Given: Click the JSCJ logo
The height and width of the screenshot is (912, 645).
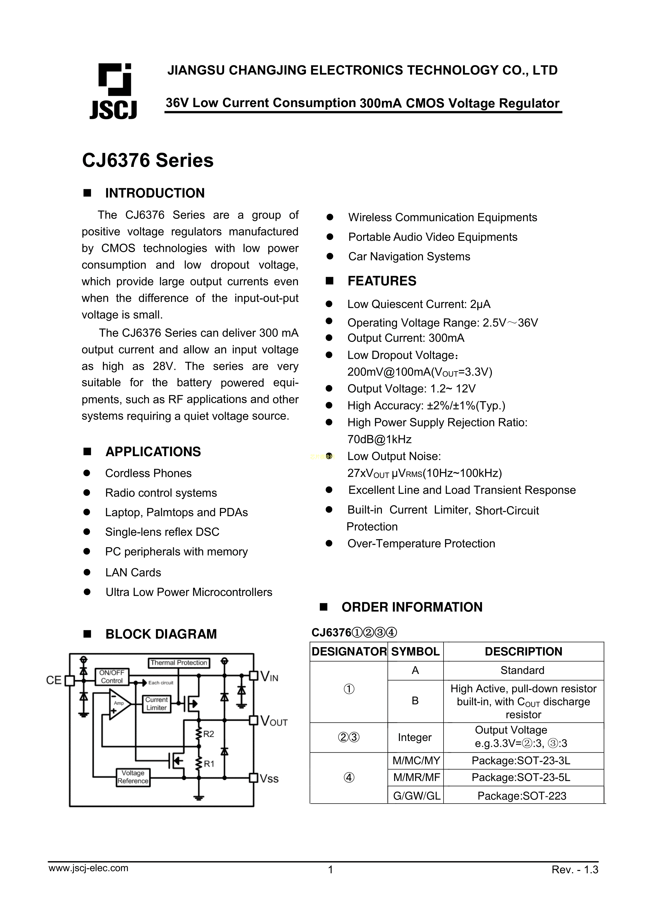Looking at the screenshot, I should pyautogui.click(x=114, y=92).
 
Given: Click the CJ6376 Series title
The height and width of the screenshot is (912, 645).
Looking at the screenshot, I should pyautogui.click(x=147, y=160).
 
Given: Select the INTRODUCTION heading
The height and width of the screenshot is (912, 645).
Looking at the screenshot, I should pyautogui.click(x=155, y=193).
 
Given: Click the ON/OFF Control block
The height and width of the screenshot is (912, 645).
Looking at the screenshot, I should pyautogui.click(x=112, y=677).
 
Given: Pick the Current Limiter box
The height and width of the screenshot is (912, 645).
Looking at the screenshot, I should pyautogui.click(x=156, y=704).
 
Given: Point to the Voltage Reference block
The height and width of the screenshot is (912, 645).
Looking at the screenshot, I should pyautogui.click(x=133, y=777).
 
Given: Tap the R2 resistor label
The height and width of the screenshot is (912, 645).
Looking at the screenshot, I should pyautogui.click(x=209, y=734).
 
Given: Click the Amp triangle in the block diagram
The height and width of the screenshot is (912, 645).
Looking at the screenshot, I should pyautogui.click(x=120, y=704).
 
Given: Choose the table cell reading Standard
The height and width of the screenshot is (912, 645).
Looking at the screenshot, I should pyautogui.click(x=522, y=671).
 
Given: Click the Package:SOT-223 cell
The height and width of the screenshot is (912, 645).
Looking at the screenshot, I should pyautogui.click(x=522, y=796).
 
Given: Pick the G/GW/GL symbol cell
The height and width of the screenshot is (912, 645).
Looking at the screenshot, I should pyautogui.click(x=416, y=796).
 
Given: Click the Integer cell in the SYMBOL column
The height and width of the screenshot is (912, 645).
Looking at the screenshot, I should pyautogui.click(x=414, y=737).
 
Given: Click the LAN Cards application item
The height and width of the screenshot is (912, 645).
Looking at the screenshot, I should pyautogui.click(x=133, y=572).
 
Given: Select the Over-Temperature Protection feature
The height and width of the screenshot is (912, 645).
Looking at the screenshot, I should pyautogui.click(x=421, y=543).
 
